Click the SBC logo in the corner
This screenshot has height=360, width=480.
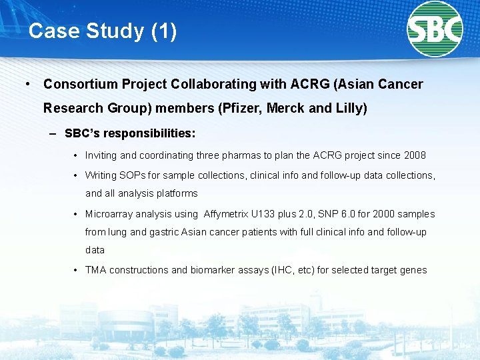pos(435,29)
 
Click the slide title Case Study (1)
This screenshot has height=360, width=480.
pos(103,31)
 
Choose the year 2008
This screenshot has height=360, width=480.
pos(415,155)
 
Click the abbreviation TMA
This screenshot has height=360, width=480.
pos(95,270)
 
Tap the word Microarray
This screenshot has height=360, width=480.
pos(109,214)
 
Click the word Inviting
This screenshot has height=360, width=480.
pos(101,155)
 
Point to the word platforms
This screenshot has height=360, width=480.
pos(176,193)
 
